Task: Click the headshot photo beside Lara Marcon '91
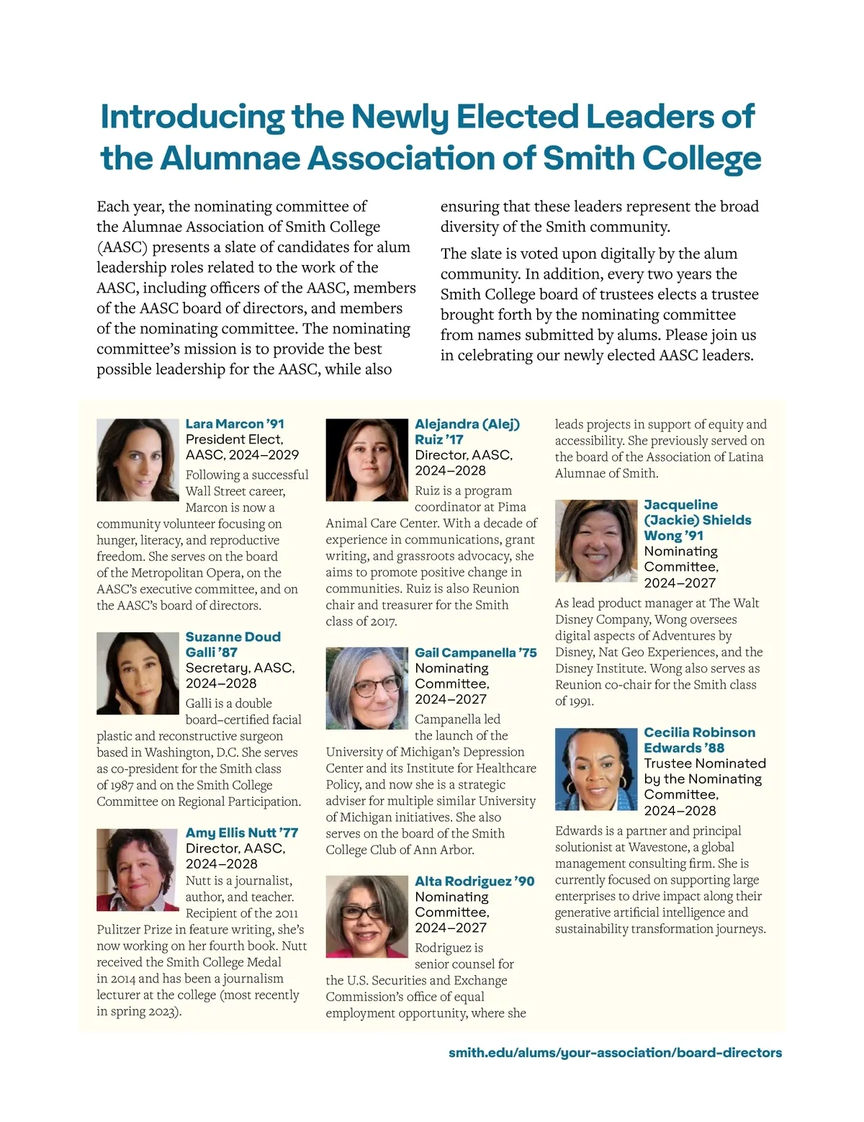coord(138,459)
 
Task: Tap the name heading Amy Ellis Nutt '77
coord(241,832)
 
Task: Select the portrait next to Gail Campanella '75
coord(366,688)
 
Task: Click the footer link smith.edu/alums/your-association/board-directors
coord(615,1053)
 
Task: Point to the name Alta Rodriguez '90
coord(474,881)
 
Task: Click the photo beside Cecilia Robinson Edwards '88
coord(596,769)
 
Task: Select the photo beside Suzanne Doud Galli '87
coord(138,673)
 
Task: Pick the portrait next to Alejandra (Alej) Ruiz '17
coord(366,459)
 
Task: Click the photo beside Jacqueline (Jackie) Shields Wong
coord(596,541)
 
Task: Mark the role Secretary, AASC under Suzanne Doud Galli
coord(240,668)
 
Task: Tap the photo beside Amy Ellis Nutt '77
coord(138,869)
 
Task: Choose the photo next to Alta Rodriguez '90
coord(366,916)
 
